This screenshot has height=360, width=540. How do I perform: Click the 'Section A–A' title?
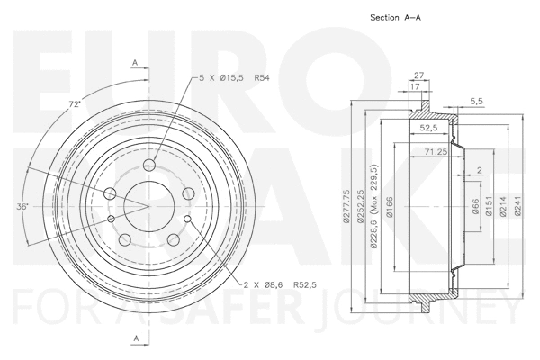397,18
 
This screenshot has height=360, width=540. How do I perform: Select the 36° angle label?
22,206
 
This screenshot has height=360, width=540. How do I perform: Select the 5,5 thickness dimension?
477,101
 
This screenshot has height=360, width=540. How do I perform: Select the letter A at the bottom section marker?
135,338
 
